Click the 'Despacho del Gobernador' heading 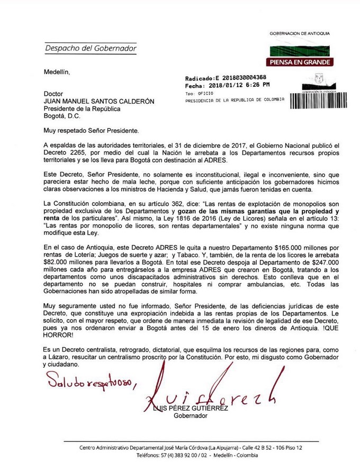pyautogui.click(x=91, y=48)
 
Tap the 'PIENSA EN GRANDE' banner pyautogui.click(x=300, y=62)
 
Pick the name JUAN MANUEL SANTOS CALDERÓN pyautogui.click(x=97, y=101)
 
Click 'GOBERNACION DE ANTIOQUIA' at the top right pyautogui.click(x=300, y=33)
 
